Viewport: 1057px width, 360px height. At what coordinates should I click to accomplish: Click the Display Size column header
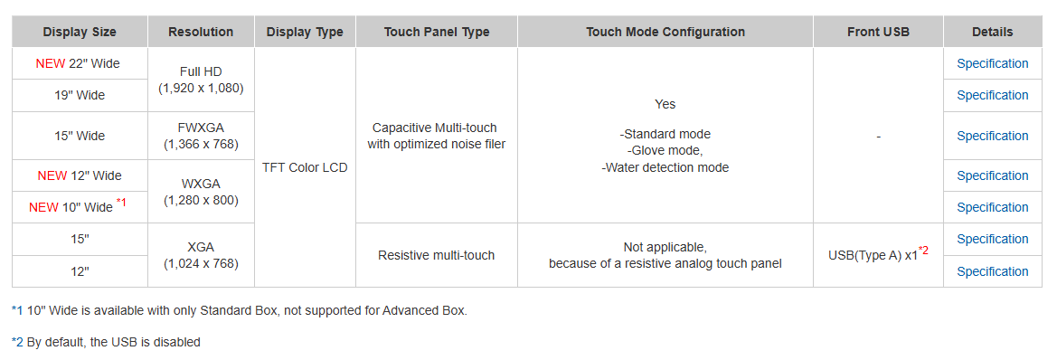point(80,32)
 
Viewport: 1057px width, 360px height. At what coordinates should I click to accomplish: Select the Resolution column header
point(201,32)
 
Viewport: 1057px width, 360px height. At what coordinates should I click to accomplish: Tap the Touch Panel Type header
point(436,32)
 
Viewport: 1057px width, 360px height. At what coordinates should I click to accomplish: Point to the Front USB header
point(878,32)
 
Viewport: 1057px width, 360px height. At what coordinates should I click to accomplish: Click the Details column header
point(992,32)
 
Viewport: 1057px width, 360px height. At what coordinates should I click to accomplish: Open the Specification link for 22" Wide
point(992,63)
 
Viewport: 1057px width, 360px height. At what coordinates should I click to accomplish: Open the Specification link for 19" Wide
point(992,95)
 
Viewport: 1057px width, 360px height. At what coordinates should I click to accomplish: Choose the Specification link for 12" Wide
point(992,175)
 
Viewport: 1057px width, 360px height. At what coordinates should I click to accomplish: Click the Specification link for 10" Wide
point(992,207)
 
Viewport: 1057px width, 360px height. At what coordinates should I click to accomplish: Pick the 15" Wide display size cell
point(80,136)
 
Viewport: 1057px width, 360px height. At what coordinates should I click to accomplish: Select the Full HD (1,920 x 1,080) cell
point(201,80)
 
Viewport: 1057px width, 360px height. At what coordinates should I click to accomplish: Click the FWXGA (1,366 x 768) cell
point(201,136)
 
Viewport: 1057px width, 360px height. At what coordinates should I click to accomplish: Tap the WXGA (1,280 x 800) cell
point(201,192)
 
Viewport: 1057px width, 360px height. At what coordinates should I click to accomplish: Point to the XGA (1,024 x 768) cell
point(201,255)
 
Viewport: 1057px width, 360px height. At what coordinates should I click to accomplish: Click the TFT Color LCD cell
point(305,167)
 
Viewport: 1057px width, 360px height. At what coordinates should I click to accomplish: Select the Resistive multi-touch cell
point(436,255)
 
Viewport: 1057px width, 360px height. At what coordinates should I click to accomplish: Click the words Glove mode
point(665,151)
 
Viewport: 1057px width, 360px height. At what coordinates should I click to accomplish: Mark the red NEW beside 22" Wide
point(51,64)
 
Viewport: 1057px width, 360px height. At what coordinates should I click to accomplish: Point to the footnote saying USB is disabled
point(106,342)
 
